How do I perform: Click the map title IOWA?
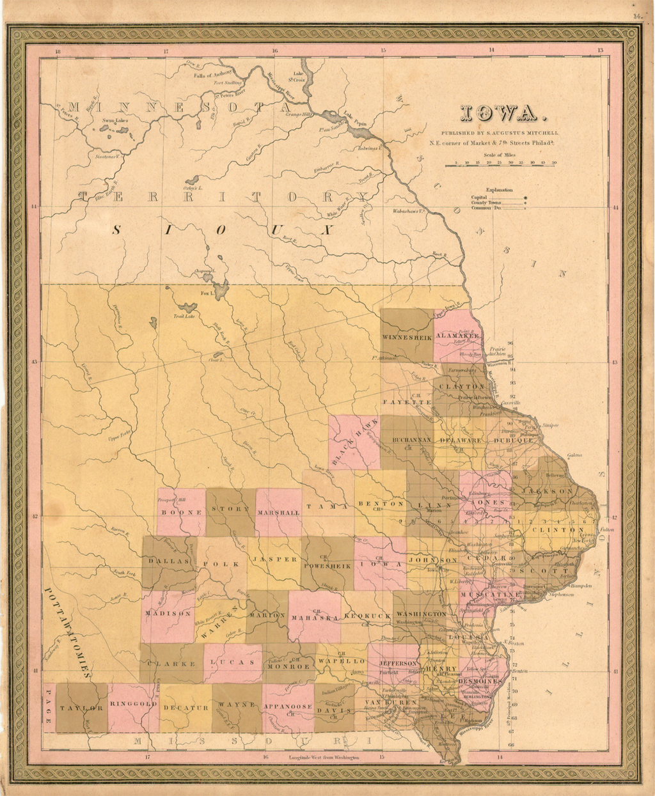click(503, 116)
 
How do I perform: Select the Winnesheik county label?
click(407, 337)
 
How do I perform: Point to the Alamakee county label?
click(457, 336)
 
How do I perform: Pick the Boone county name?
click(182, 512)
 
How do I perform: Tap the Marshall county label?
click(278, 513)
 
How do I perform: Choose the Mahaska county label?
click(314, 618)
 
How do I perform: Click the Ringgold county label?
click(134, 704)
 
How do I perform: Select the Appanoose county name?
click(288, 707)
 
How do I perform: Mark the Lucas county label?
click(233, 662)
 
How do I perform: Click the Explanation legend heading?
click(499, 190)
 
